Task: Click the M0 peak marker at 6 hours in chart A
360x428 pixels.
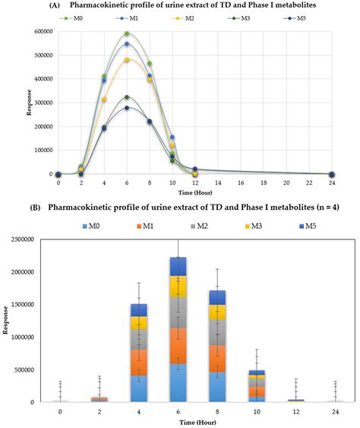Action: tap(127, 34)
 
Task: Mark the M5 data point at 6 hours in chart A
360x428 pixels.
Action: tap(127, 107)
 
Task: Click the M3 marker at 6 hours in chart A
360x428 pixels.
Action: tap(127, 97)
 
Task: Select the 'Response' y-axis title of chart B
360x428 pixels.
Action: tap(7, 322)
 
